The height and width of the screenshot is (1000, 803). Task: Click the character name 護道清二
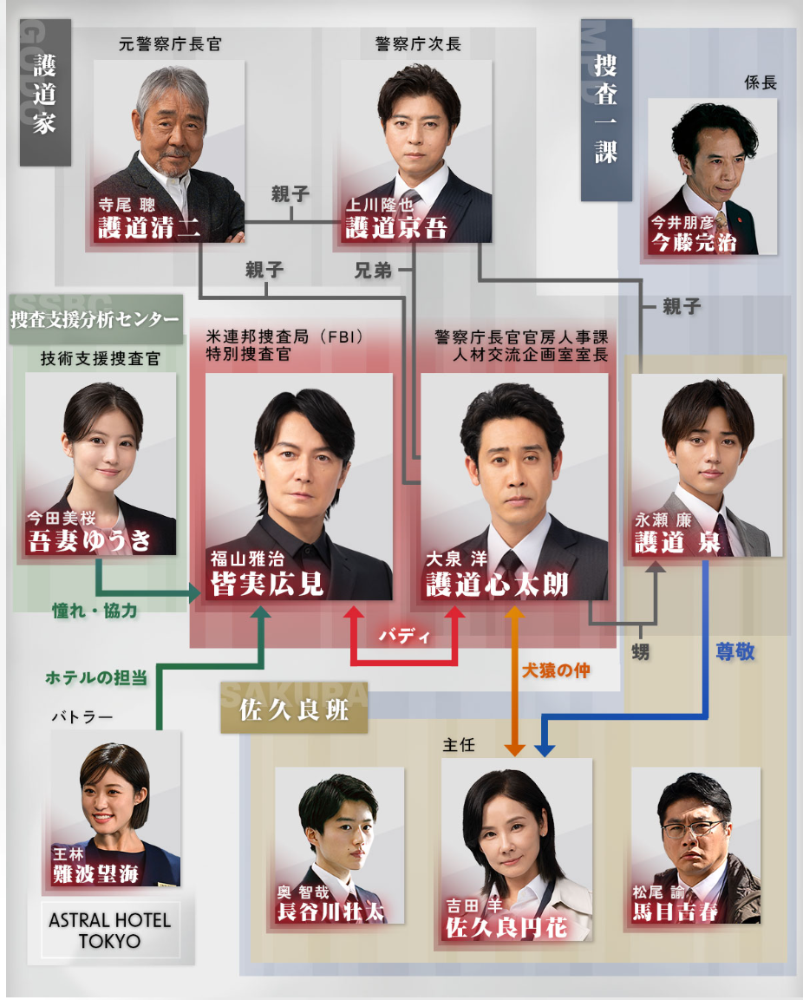tap(148, 227)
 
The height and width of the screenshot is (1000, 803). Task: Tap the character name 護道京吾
tap(396, 227)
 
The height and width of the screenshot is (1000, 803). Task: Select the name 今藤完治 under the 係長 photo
tap(693, 242)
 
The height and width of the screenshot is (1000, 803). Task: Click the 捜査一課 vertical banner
tap(606, 109)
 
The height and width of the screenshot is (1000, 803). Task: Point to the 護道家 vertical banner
tap(45, 93)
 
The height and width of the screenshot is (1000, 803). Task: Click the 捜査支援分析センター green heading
tap(95, 319)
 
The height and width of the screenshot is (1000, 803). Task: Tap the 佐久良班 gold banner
tap(294, 709)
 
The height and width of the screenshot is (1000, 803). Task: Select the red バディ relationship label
tap(404, 636)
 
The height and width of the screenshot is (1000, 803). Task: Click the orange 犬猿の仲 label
tap(556, 670)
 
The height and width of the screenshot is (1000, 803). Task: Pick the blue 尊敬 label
tap(734, 651)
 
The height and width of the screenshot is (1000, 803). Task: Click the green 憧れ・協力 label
tap(95, 611)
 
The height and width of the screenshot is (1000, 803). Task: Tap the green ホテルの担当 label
tap(96, 677)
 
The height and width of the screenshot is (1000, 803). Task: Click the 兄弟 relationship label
tap(373, 271)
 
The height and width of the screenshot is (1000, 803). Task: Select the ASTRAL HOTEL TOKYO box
tap(110, 930)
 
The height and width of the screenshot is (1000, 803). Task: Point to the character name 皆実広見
tap(267, 583)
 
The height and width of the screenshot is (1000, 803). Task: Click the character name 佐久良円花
tap(506, 927)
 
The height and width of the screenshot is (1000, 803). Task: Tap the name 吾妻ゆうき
tap(89, 540)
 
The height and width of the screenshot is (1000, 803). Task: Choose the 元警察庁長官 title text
tap(170, 44)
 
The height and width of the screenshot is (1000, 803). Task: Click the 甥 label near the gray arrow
tap(640, 652)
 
